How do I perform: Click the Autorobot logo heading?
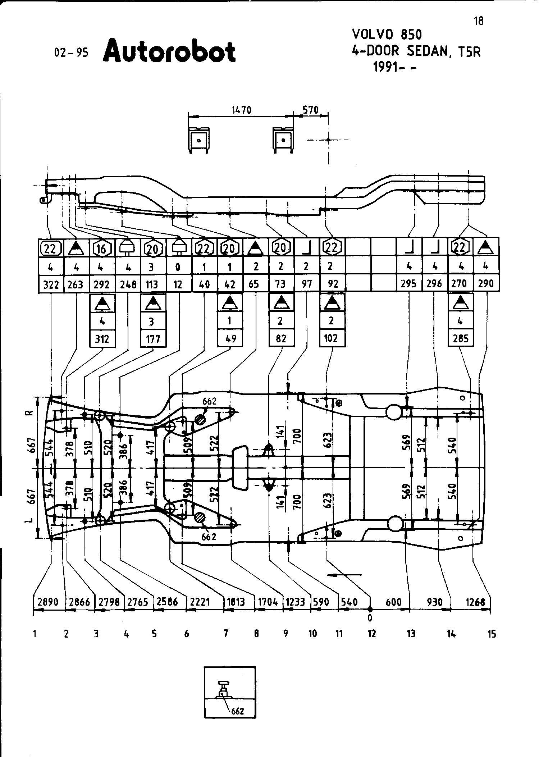tap(169, 51)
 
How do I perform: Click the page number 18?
tap(479, 21)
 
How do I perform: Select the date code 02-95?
tap(71, 53)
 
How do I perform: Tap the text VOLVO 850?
tap(387, 35)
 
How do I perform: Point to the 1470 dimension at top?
tap(241, 110)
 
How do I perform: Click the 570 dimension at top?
tap(310, 110)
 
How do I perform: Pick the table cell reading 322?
tap(51, 284)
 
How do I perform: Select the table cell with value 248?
tap(128, 284)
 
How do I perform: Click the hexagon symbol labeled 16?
tap(102, 248)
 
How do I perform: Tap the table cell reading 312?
tap(102, 339)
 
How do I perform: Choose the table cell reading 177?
tap(153, 339)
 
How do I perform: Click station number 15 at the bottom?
tap(492, 634)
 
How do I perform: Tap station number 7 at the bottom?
tap(225, 634)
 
